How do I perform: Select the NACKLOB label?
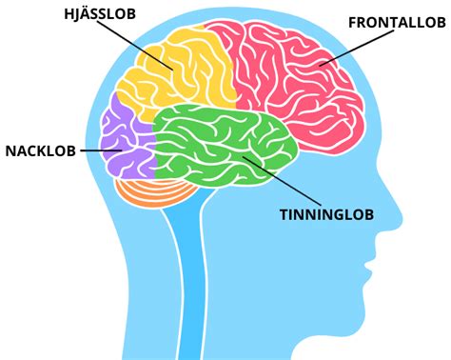coord(38,150)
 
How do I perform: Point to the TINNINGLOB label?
coord(326,215)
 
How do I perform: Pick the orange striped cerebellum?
coord(147,190)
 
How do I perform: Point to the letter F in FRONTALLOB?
coord(353,21)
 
